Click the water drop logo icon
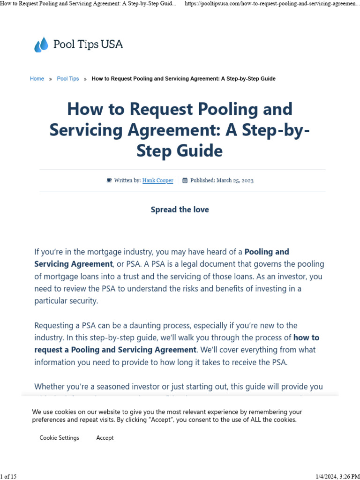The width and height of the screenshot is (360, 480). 41,45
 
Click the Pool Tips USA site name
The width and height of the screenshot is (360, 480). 88,45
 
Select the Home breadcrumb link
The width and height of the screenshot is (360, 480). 37,79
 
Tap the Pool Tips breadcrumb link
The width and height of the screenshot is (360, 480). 68,79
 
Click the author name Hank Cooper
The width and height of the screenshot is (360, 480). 157,180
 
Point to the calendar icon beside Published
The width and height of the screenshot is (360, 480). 185,180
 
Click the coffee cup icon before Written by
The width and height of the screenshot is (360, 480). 109,180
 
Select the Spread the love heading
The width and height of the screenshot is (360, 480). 180,210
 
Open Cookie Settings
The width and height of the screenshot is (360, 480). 59,438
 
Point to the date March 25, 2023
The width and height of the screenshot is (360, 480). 235,180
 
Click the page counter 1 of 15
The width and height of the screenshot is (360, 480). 8,477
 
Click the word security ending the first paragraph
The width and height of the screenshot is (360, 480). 82,301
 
